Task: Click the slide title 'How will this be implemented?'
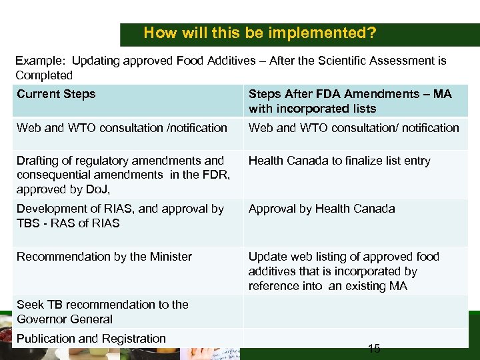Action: [259, 33]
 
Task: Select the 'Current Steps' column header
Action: [56, 94]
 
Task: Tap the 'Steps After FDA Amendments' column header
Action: [349, 101]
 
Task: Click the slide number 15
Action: [374, 348]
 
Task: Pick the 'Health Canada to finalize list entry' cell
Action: [339, 161]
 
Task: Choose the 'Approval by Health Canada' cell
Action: [321, 209]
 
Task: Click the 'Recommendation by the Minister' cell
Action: [104, 257]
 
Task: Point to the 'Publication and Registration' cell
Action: [91, 339]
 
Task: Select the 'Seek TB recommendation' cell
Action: [103, 311]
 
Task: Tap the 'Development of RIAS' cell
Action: [120, 216]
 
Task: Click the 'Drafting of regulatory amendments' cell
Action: [120, 175]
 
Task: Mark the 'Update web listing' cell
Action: [343, 271]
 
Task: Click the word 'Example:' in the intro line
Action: [40, 61]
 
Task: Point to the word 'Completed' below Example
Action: [44, 75]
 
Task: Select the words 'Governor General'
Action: [65, 319]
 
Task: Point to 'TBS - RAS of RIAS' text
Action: [68, 223]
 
